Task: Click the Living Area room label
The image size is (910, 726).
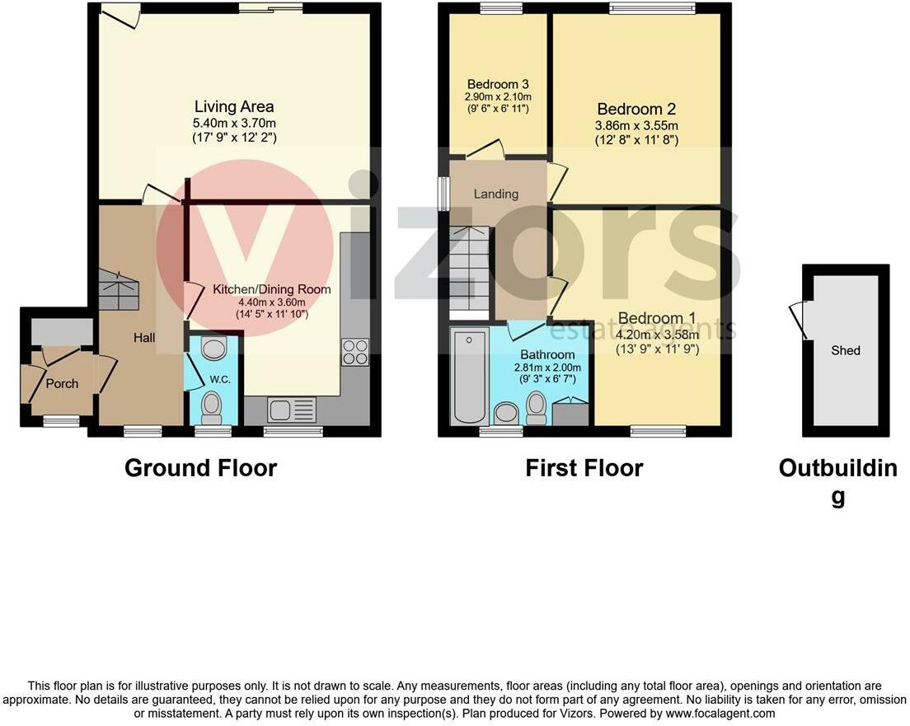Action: click(x=234, y=107)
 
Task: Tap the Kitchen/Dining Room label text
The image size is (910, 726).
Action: click(x=272, y=289)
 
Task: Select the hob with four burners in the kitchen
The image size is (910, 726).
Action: click(x=355, y=352)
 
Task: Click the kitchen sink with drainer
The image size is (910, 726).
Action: click(x=292, y=410)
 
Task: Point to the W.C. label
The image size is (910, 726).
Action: click(x=220, y=380)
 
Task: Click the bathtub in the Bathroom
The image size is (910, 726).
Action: click(x=469, y=376)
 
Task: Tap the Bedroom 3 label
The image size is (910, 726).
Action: click(x=498, y=84)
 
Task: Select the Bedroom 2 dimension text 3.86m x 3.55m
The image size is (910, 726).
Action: click(x=636, y=125)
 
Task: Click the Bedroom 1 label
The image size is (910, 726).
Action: click(x=657, y=318)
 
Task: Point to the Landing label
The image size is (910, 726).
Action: click(x=496, y=194)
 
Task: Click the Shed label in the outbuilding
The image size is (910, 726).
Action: click(x=846, y=350)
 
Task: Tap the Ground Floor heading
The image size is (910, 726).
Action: click(x=201, y=468)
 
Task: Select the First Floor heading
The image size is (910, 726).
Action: click(x=584, y=468)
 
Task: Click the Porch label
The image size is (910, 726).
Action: click(x=62, y=384)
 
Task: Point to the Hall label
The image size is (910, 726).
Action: click(x=144, y=337)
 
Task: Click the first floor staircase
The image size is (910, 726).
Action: click(x=470, y=269)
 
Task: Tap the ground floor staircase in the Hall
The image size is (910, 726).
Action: click(x=119, y=289)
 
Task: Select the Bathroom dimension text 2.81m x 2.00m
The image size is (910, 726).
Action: click(x=547, y=368)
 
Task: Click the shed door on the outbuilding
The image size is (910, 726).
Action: click(x=798, y=320)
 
